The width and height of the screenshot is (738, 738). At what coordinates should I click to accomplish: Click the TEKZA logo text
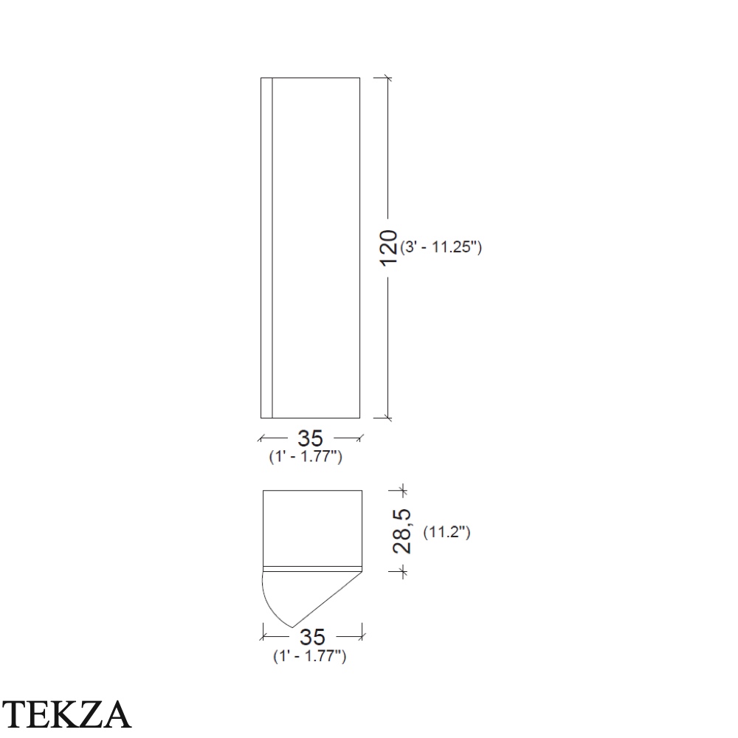coord(66,714)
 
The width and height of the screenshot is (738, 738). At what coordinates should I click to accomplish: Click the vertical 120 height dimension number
coord(389,249)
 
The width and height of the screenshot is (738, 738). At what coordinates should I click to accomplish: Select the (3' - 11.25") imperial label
coord(441,246)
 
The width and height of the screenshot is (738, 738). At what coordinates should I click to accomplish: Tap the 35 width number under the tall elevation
coord(310,438)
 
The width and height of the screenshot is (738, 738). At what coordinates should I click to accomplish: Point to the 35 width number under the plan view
coord(312,638)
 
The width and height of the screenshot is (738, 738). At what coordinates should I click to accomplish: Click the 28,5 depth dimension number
coord(401,531)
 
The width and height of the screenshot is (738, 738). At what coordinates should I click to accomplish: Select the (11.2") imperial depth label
coord(446,532)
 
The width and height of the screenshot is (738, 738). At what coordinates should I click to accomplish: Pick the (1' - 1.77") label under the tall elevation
coord(306,457)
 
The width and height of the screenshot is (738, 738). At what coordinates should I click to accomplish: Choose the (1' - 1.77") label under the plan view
coord(310,656)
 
